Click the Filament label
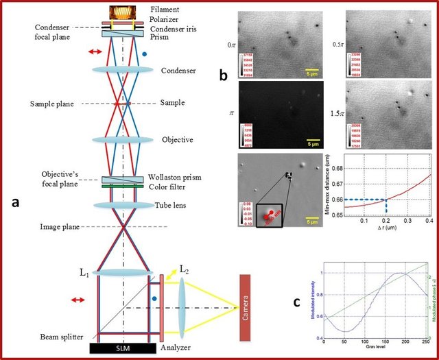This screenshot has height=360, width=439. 169,10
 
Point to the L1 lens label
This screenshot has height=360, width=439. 84,274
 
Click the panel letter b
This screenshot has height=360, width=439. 224,76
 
